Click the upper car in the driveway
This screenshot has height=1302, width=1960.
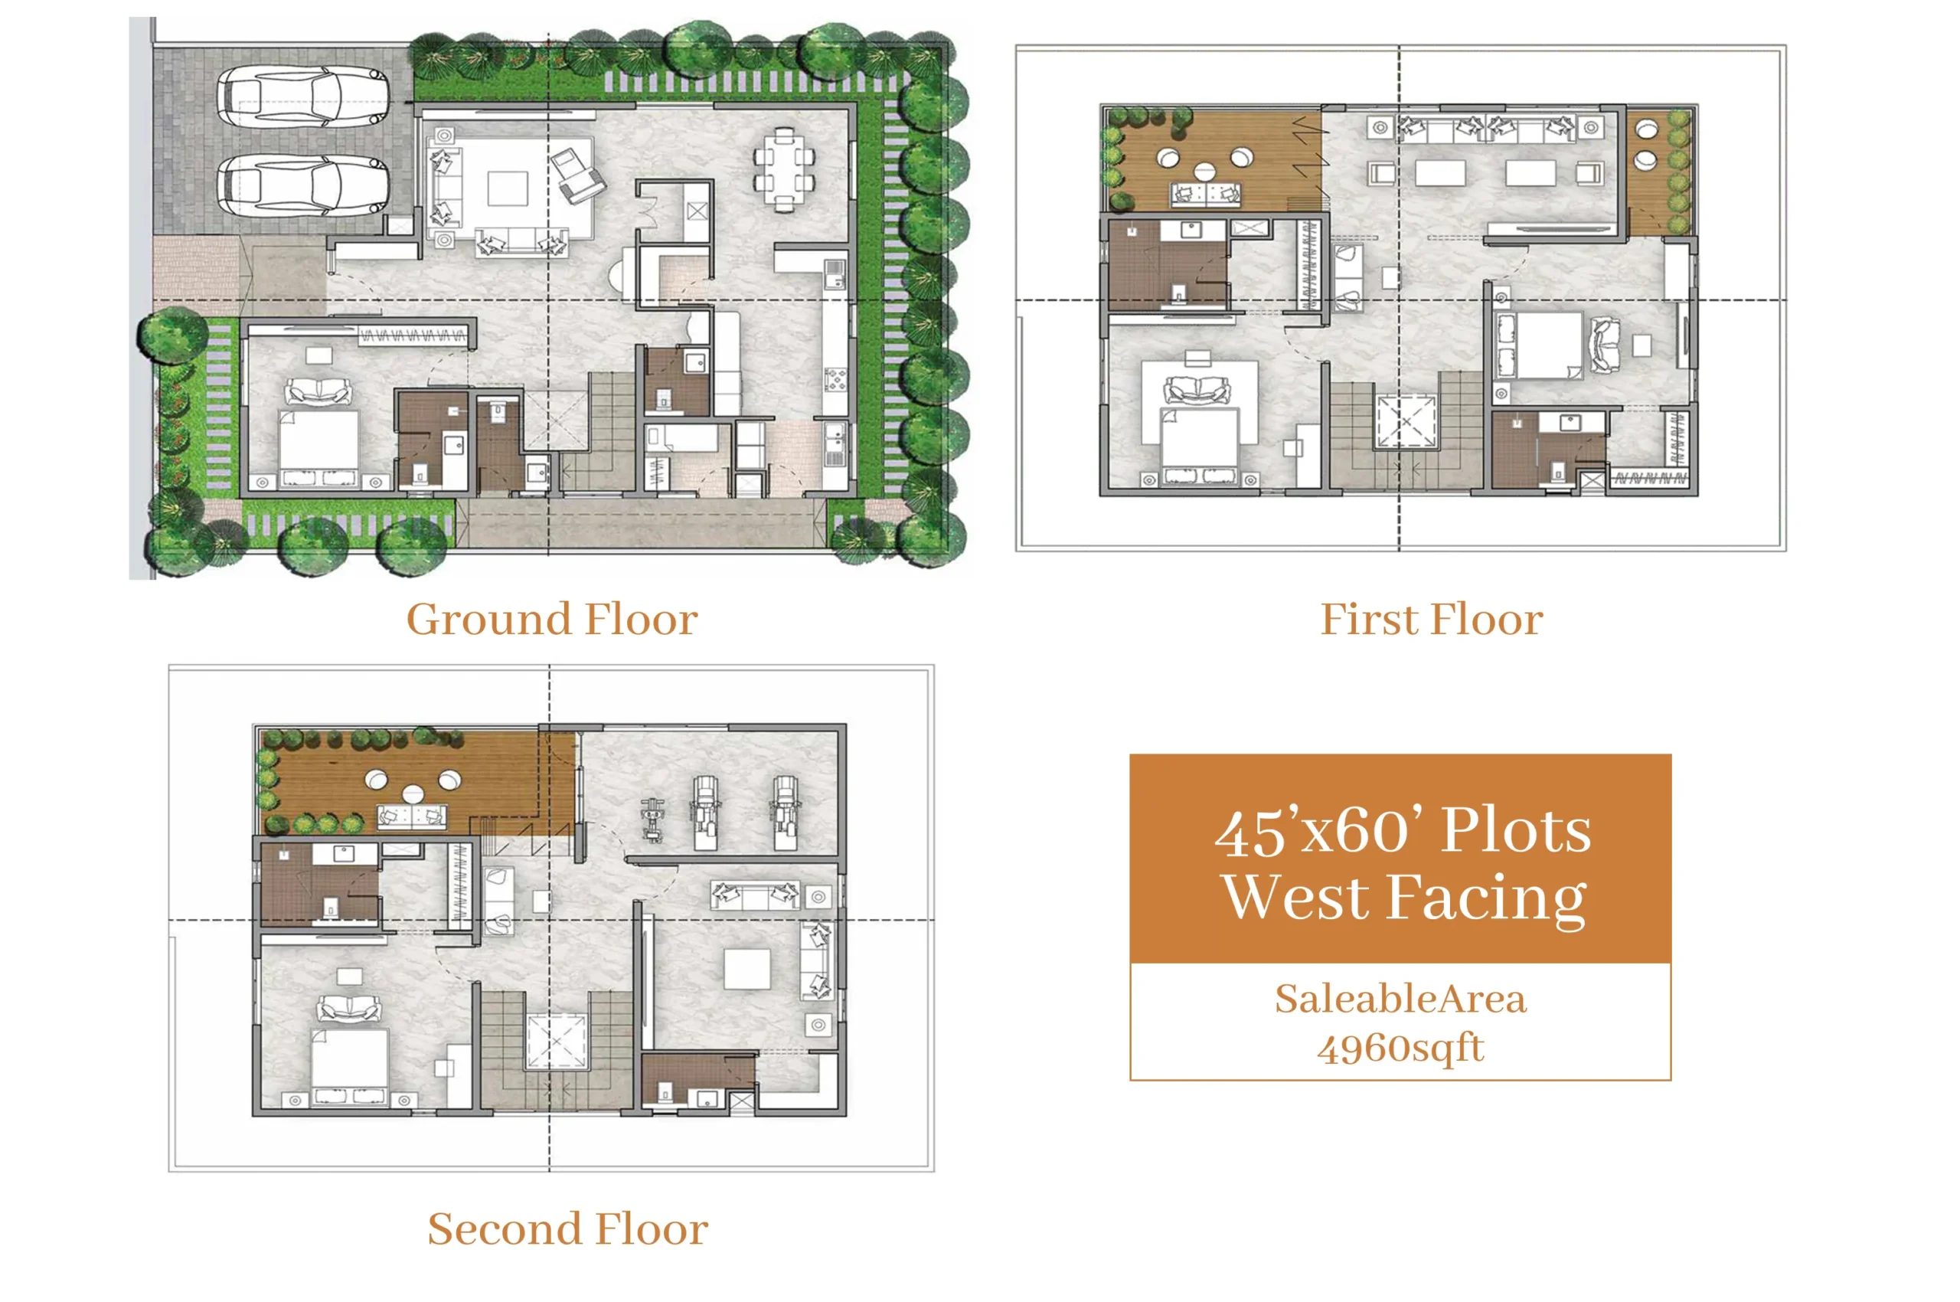point(302,98)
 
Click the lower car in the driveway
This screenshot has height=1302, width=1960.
point(302,185)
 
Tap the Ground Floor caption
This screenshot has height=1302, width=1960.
point(552,620)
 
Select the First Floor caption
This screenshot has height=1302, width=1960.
point(1431,620)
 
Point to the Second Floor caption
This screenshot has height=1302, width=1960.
point(568,1229)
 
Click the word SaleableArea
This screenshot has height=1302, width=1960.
point(1400,999)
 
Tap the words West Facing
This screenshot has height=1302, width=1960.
point(1404,898)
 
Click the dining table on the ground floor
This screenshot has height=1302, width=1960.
point(784,169)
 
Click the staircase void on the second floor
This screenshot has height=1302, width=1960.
point(556,1040)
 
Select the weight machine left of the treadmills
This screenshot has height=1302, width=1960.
point(652,819)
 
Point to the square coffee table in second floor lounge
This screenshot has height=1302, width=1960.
point(747,968)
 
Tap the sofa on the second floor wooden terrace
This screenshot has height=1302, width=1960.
point(412,817)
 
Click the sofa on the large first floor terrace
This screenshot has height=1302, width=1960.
point(1205,195)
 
